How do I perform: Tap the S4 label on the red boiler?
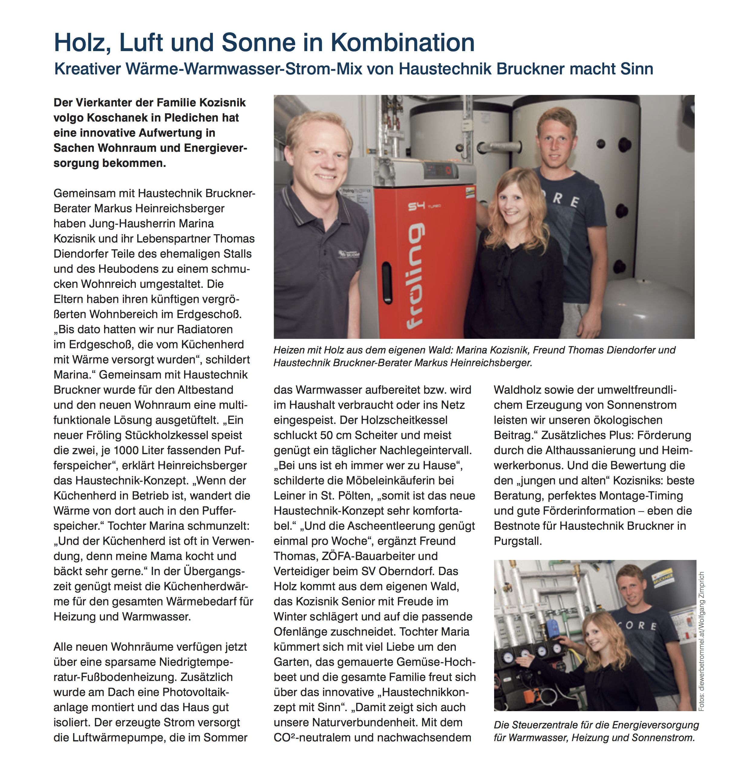[417, 206]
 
